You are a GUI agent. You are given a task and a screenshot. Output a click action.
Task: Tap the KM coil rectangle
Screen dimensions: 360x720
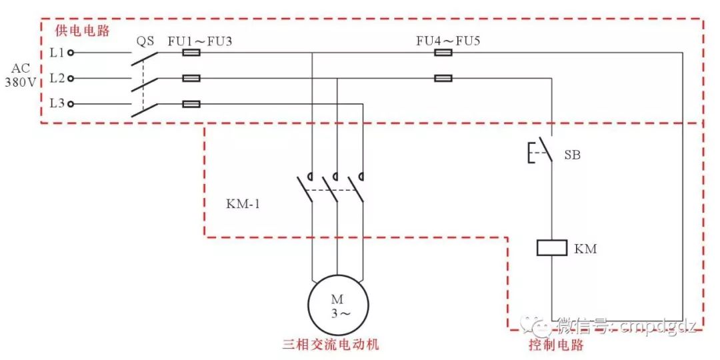click(x=551, y=248)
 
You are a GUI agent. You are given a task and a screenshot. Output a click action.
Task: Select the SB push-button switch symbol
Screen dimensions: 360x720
click(x=541, y=153)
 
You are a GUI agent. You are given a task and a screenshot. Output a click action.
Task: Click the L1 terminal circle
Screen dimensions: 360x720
click(x=71, y=51)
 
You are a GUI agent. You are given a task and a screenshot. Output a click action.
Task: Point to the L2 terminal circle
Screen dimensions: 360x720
click(x=71, y=78)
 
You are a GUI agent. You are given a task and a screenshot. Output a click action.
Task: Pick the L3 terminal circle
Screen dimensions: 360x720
click(x=71, y=104)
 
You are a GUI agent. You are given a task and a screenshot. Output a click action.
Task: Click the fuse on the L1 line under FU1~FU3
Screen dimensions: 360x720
click(x=191, y=51)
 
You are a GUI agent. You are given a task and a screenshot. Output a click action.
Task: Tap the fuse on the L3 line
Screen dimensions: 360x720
click(x=191, y=104)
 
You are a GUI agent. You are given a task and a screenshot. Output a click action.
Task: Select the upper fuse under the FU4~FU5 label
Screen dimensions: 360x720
click(x=443, y=51)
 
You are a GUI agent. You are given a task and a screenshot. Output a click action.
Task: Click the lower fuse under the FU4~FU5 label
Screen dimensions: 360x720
click(x=443, y=78)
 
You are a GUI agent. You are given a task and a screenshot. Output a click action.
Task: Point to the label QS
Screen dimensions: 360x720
click(x=146, y=41)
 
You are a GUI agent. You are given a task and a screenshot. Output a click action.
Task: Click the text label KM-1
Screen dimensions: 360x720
click(x=243, y=203)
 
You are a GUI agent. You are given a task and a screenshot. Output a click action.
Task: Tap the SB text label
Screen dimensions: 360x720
click(x=572, y=155)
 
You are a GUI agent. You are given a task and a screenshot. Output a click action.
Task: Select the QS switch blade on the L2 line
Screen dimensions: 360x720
click(x=145, y=85)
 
